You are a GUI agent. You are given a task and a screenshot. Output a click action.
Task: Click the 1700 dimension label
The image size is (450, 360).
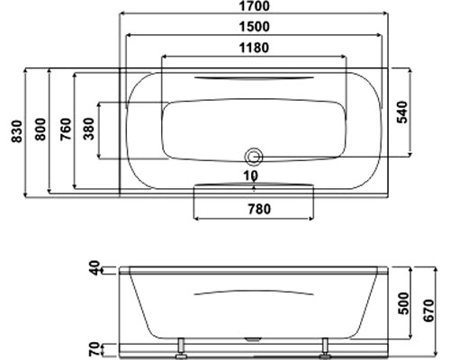254,6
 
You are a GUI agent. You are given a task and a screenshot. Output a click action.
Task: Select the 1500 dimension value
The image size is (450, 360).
254,27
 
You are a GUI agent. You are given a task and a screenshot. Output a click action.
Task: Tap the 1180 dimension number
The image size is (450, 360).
254,48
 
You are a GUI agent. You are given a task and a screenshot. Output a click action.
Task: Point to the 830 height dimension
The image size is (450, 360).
17,131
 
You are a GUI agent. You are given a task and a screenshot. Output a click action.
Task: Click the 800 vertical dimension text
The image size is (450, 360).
40,130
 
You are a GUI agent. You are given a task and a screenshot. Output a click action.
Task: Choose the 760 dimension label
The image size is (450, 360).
66,130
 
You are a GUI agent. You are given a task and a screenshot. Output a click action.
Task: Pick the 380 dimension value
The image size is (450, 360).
89,129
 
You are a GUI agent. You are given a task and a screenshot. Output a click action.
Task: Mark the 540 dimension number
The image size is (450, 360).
402,112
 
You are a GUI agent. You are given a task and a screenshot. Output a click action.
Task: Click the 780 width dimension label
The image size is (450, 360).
259,209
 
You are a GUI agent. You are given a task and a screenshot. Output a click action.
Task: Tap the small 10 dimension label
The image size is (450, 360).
251,175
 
